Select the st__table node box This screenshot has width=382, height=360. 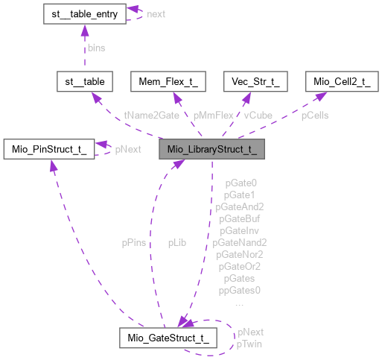pyautogui.click(x=85, y=82)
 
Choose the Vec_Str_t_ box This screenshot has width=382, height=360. pyautogui.click(x=256, y=82)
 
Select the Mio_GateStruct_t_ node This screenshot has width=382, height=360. pyautogui.click(x=168, y=338)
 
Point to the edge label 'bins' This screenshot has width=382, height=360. pyautogui.click(x=96, y=48)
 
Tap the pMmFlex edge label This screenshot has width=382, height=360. pyautogui.click(x=213, y=116)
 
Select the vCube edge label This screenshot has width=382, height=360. pyautogui.click(x=258, y=116)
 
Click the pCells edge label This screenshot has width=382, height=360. pyautogui.click(x=315, y=116)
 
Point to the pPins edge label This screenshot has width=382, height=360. pyautogui.click(x=134, y=242)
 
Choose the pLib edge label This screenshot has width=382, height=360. pyautogui.click(x=177, y=242)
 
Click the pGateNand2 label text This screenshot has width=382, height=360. pyautogui.click(x=240, y=242)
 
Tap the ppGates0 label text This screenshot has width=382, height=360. pyautogui.click(x=240, y=290)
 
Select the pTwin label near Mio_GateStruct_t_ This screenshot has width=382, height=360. pyautogui.click(x=249, y=344)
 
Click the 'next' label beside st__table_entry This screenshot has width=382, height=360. pyautogui.click(x=156, y=14)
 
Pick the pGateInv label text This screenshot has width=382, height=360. pyautogui.click(x=240, y=230)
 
